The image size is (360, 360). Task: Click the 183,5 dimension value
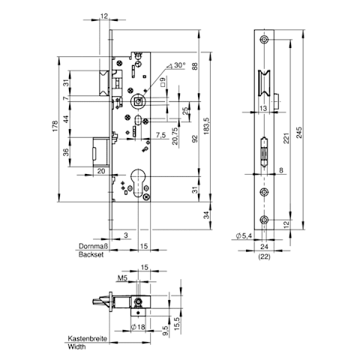(x=206, y=126)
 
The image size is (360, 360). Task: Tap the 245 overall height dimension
(x=299, y=133)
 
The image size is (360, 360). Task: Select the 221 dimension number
(x=286, y=138)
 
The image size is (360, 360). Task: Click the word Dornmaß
(x=94, y=246)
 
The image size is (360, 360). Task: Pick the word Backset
(x=91, y=255)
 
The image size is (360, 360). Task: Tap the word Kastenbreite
(x=88, y=338)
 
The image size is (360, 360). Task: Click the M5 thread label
(x=122, y=278)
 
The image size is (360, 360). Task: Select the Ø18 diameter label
(x=138, y=327)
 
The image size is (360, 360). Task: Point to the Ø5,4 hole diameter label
(x=244, y=235)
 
